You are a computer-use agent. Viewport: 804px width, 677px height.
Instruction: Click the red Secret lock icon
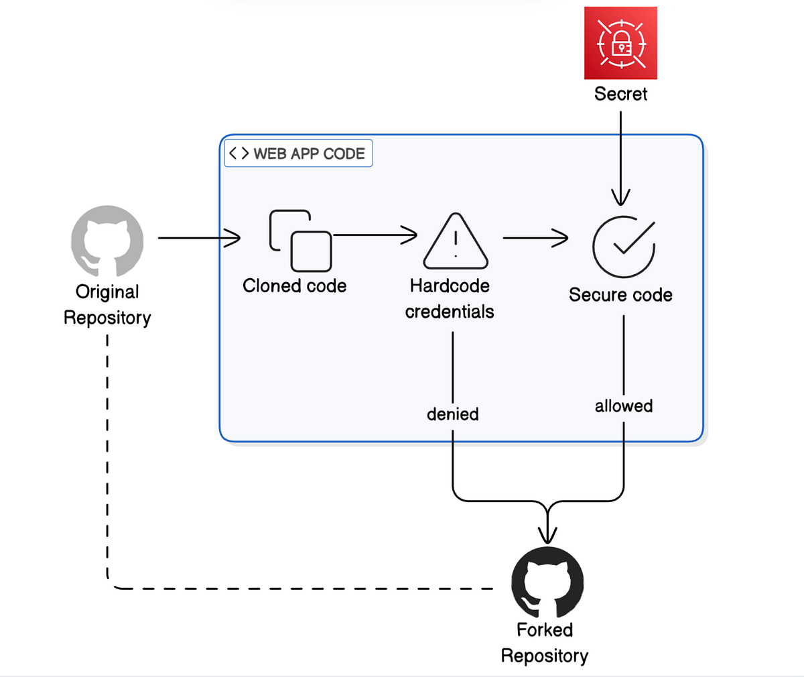620,43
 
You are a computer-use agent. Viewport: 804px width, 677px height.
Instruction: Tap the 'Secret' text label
620,94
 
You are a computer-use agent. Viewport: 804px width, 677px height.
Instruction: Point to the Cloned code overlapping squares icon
301,240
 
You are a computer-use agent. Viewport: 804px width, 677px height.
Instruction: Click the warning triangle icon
456,241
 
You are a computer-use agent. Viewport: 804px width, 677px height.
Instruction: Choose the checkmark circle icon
623,246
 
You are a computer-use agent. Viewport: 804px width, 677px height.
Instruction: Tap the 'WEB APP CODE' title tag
298,153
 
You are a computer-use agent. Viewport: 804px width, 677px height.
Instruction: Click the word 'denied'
453,414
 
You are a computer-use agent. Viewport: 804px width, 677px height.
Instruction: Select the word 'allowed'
624,406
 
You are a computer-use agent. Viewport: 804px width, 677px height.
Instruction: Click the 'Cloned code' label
295,286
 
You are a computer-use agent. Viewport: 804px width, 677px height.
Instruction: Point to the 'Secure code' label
620,295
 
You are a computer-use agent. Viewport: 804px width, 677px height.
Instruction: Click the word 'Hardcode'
450,286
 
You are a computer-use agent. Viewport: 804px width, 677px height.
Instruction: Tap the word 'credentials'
450,312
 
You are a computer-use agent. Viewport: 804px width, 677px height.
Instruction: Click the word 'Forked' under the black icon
545,630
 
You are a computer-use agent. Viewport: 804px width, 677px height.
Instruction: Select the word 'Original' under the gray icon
107,292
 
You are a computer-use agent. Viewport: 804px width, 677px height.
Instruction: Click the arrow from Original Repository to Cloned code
199,238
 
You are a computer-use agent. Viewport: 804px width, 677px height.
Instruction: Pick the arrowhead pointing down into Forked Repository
548,534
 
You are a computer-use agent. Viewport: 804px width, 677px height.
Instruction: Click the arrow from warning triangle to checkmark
535,238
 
